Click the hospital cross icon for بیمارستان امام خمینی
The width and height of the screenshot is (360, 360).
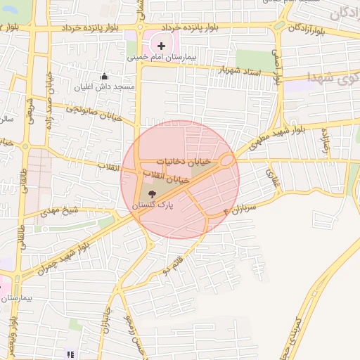(x=161, y=45)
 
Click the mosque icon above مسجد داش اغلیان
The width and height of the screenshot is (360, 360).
(x=105, y=77)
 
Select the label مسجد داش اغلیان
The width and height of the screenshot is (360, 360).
(x=105, y=88)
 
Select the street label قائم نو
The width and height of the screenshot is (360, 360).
(x=176, y=266)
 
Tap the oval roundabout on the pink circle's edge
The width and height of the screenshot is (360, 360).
(x=226, y=161)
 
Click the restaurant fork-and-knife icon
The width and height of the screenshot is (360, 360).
(x=69, y=354)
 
